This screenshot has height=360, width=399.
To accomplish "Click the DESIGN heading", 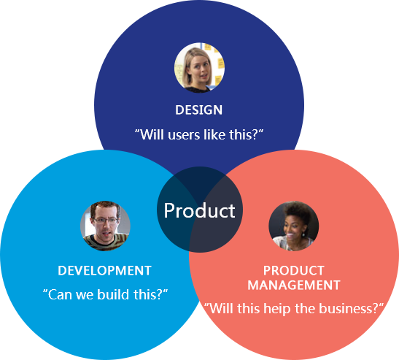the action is [x=198, y=110].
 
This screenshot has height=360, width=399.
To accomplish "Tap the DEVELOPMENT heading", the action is [x=104, y=271].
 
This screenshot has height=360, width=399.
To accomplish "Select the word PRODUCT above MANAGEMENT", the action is [x=294, y=271].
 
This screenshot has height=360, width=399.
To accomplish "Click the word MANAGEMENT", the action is [x=294, y=285].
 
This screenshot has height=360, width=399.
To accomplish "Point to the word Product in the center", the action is [x=200, y=211].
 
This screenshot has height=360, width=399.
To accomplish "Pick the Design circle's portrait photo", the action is [x=199, y=67].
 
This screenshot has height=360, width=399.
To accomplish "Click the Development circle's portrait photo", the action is [x=105, y=226].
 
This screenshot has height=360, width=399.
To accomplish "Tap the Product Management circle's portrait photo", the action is [x=294, y=226].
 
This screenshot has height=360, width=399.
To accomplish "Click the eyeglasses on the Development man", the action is [x=106, y=221].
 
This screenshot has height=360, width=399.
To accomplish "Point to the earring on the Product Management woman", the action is [x=303, y=234].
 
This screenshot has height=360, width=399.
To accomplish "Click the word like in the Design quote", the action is [x=214, y=134].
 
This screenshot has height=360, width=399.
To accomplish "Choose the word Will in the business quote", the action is [x=220, y=309].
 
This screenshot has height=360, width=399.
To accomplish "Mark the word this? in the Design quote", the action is [x=244, y=135].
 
